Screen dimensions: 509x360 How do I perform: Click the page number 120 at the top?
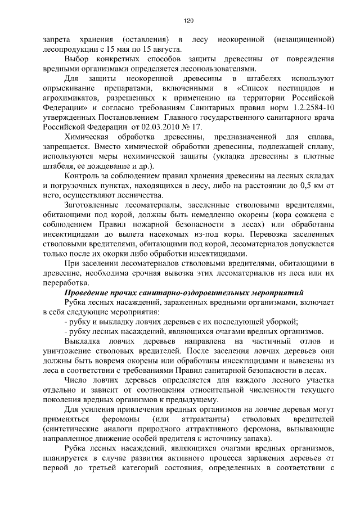pyautogui.click(x=188, y=21)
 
